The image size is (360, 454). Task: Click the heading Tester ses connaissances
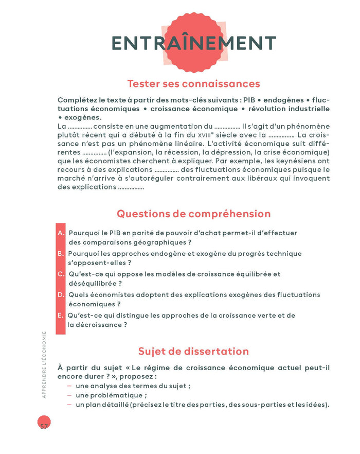pos(193,83)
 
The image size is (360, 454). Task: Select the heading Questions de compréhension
pos(193,213)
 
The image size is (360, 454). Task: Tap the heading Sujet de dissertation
pos(193,351)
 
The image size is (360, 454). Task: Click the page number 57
pos(44,426)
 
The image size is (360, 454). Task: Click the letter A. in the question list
pos(61,233)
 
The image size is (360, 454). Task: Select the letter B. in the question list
pos(61,254)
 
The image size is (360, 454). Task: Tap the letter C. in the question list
pos(61,274)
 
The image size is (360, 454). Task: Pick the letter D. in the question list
pos(61,295)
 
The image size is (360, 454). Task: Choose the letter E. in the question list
pos(61,315)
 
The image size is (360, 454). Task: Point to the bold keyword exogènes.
pos(82,117)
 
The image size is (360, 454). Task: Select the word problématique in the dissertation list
pos(120,395)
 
